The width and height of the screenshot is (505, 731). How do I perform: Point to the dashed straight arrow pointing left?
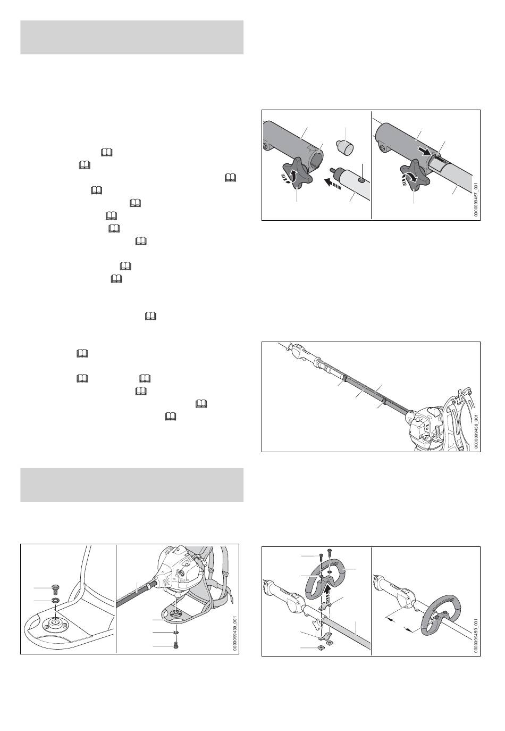[x=332, y=184]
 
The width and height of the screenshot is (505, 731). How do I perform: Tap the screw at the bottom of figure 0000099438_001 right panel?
[x=177, y=645]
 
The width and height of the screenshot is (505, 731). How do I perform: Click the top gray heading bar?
[x=132, y=37]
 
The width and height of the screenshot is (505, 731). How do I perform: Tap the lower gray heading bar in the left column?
[x=132, y=485]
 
